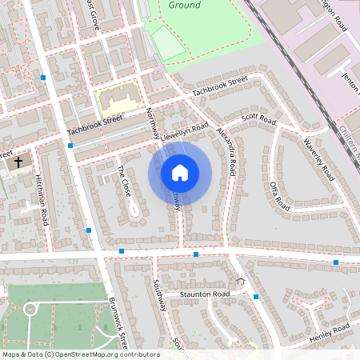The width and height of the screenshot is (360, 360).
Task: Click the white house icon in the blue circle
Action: tap(180, 173)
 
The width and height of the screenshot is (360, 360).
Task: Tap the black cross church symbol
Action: tap(18, 162)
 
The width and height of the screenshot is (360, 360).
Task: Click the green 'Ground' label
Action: tap(185, 5)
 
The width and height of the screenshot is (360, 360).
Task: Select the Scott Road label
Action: tap(258, 119)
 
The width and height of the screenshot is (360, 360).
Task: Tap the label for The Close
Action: tap(124, 182)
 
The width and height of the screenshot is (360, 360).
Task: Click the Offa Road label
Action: tap(279, 196)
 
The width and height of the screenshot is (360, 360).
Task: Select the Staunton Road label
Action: tap(205, 294)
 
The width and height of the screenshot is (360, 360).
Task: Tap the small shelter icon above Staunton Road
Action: tap(240, 281)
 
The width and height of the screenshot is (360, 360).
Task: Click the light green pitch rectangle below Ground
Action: tap(169, 42)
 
